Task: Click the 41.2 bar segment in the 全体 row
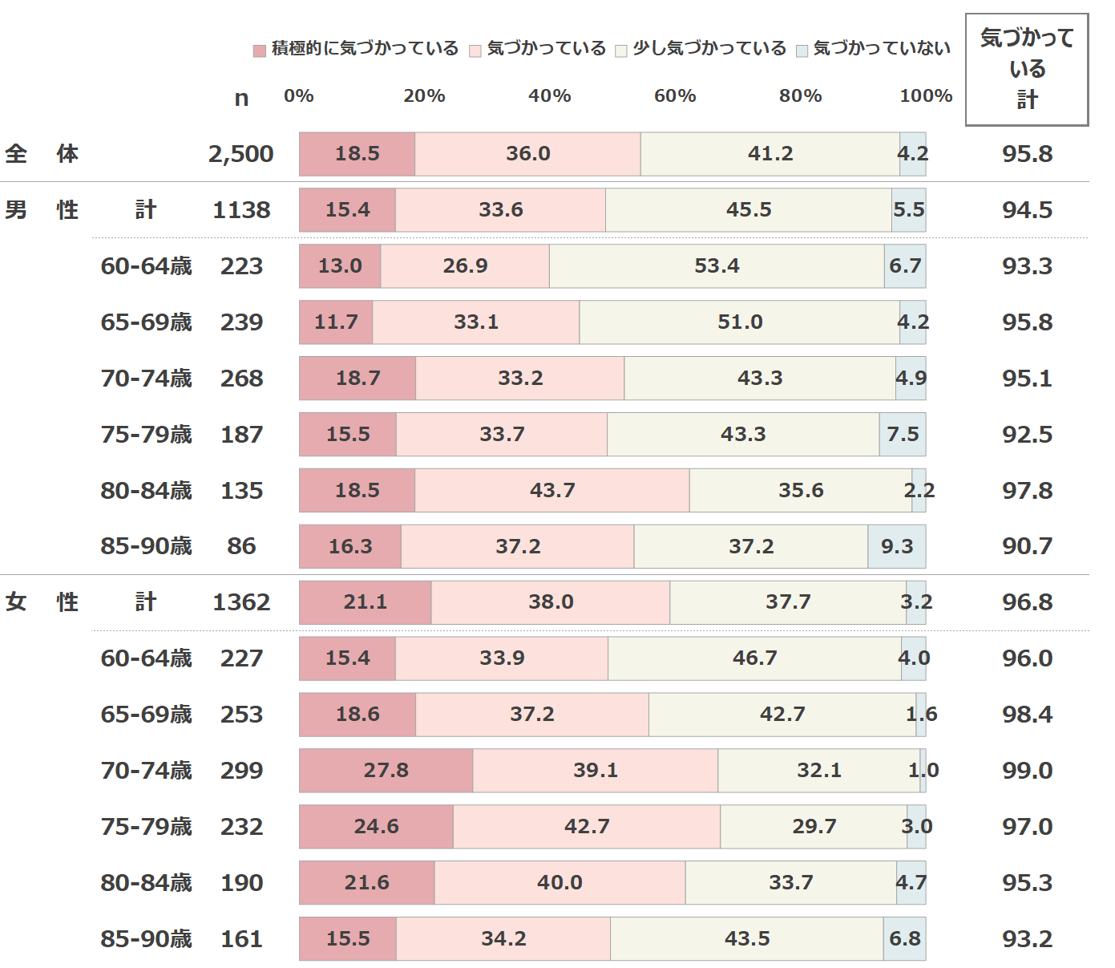(770, 154)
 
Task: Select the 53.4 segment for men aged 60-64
(717, 266)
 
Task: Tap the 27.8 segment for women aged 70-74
(386, 771)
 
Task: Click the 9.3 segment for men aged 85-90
(896, 547)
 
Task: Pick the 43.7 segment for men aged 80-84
(551, 491)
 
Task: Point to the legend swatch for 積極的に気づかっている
(260, 51)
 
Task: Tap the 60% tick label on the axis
(675, 96)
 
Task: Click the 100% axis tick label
(926, 96)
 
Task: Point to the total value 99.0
(1027, 771)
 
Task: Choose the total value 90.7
(1027, 547)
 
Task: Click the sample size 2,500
(240, 154)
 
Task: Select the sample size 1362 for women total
(241, 602)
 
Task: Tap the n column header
(241, 99)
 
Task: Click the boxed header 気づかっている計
(1027, 69)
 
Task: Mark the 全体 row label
(42, 154)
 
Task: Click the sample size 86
(241, 547)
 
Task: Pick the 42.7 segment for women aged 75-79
(587, 827)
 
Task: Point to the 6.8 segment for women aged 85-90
(904, 939)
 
